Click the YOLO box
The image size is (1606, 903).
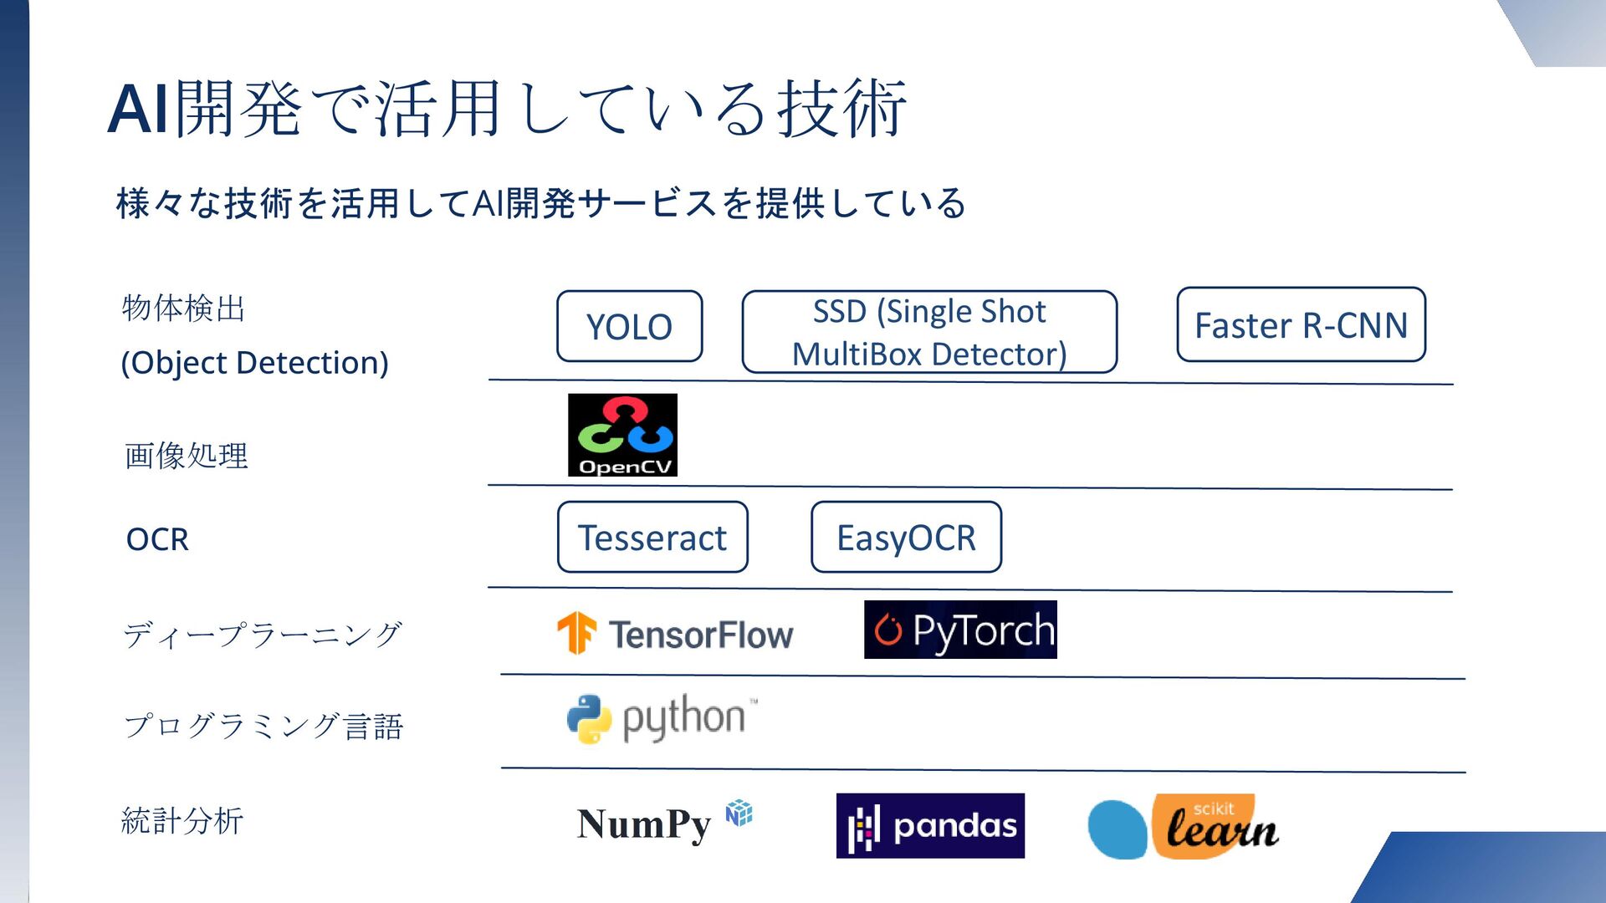629,326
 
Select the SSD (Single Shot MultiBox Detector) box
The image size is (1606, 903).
929,332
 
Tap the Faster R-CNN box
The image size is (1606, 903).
1301,324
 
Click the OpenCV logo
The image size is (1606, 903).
622,435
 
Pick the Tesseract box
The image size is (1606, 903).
652,537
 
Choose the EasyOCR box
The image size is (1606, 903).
906,537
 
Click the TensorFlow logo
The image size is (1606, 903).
675,634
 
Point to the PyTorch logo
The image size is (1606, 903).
960,630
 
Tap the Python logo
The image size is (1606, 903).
662,718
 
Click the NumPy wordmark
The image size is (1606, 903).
644,824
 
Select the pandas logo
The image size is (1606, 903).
930,826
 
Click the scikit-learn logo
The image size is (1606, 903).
1183,827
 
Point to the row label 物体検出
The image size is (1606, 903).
183,308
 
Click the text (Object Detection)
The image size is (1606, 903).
255,363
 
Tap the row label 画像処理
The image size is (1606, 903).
187,456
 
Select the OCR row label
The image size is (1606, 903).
157,539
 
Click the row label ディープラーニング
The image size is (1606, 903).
263,635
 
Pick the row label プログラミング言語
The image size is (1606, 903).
263,726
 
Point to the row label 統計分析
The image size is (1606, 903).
182,821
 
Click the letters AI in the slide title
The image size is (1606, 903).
139,109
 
